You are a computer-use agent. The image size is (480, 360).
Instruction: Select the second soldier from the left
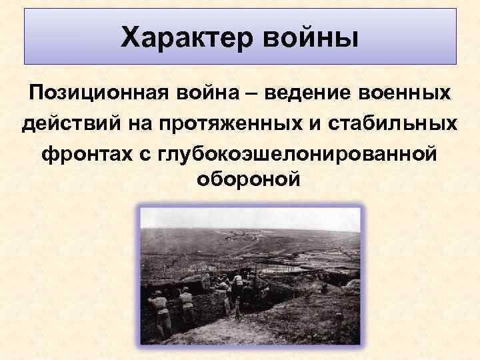(x=187, y=303)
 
